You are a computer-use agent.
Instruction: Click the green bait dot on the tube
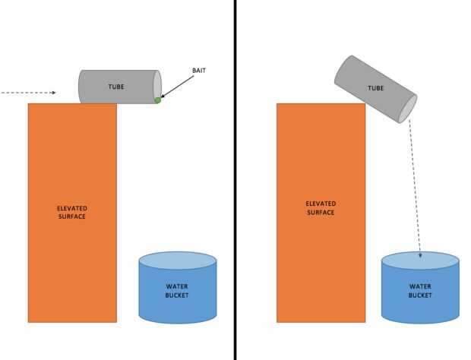point(157,99)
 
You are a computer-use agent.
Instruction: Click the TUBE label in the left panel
point(115,86)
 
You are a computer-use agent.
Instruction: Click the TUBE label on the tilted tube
point(375,88)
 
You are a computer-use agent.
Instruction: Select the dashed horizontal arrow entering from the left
point(27,93)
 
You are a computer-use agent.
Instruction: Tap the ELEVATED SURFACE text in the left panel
point(71,212)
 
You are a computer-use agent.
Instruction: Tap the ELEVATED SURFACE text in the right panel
point(320,208)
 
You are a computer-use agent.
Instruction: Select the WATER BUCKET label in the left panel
point(177,291)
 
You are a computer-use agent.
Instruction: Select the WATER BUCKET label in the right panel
point(420,291)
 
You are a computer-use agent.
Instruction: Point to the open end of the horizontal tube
point(157,85)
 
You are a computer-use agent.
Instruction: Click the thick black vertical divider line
point(235,180)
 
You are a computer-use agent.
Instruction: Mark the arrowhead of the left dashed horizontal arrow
point(53,93)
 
